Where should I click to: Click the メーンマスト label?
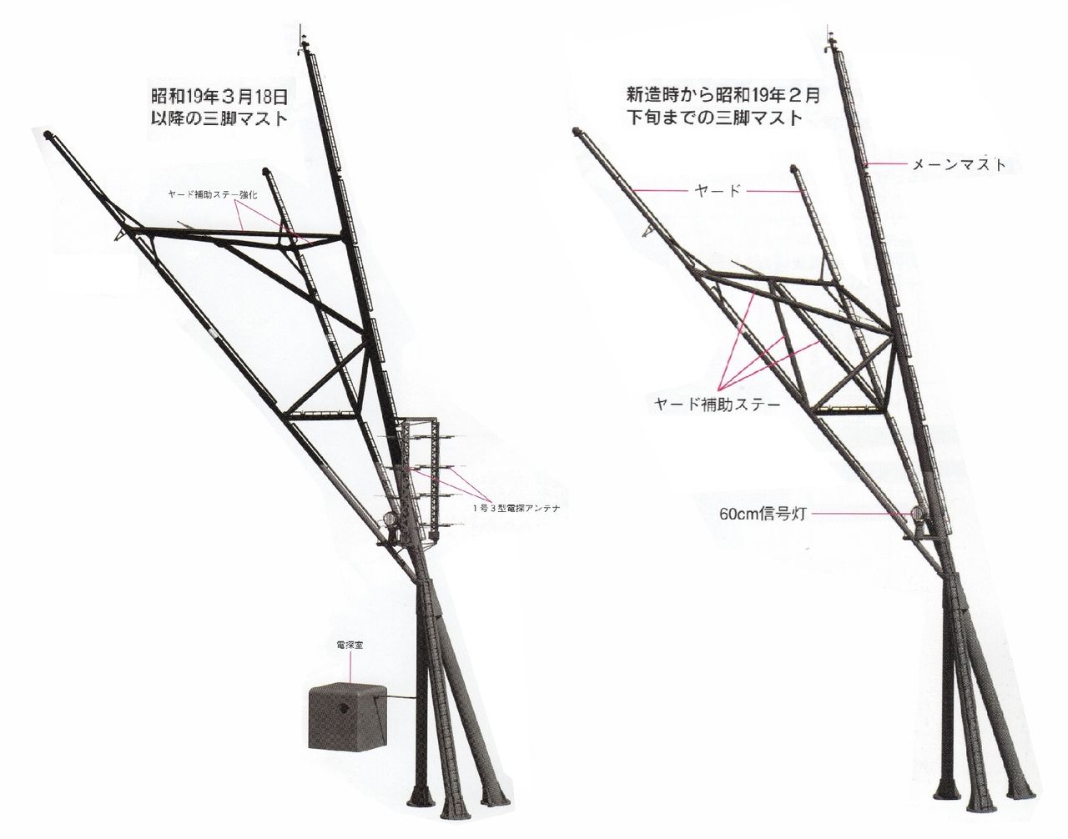[x=959, y=165]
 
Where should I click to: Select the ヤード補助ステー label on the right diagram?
[x=718, y=404]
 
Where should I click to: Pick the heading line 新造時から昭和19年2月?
[x=723, y=95]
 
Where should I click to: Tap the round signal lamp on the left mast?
[x=391, y=518]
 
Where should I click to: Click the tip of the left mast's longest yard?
[x=48, y=133]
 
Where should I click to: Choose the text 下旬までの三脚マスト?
[x=714, y=118]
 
